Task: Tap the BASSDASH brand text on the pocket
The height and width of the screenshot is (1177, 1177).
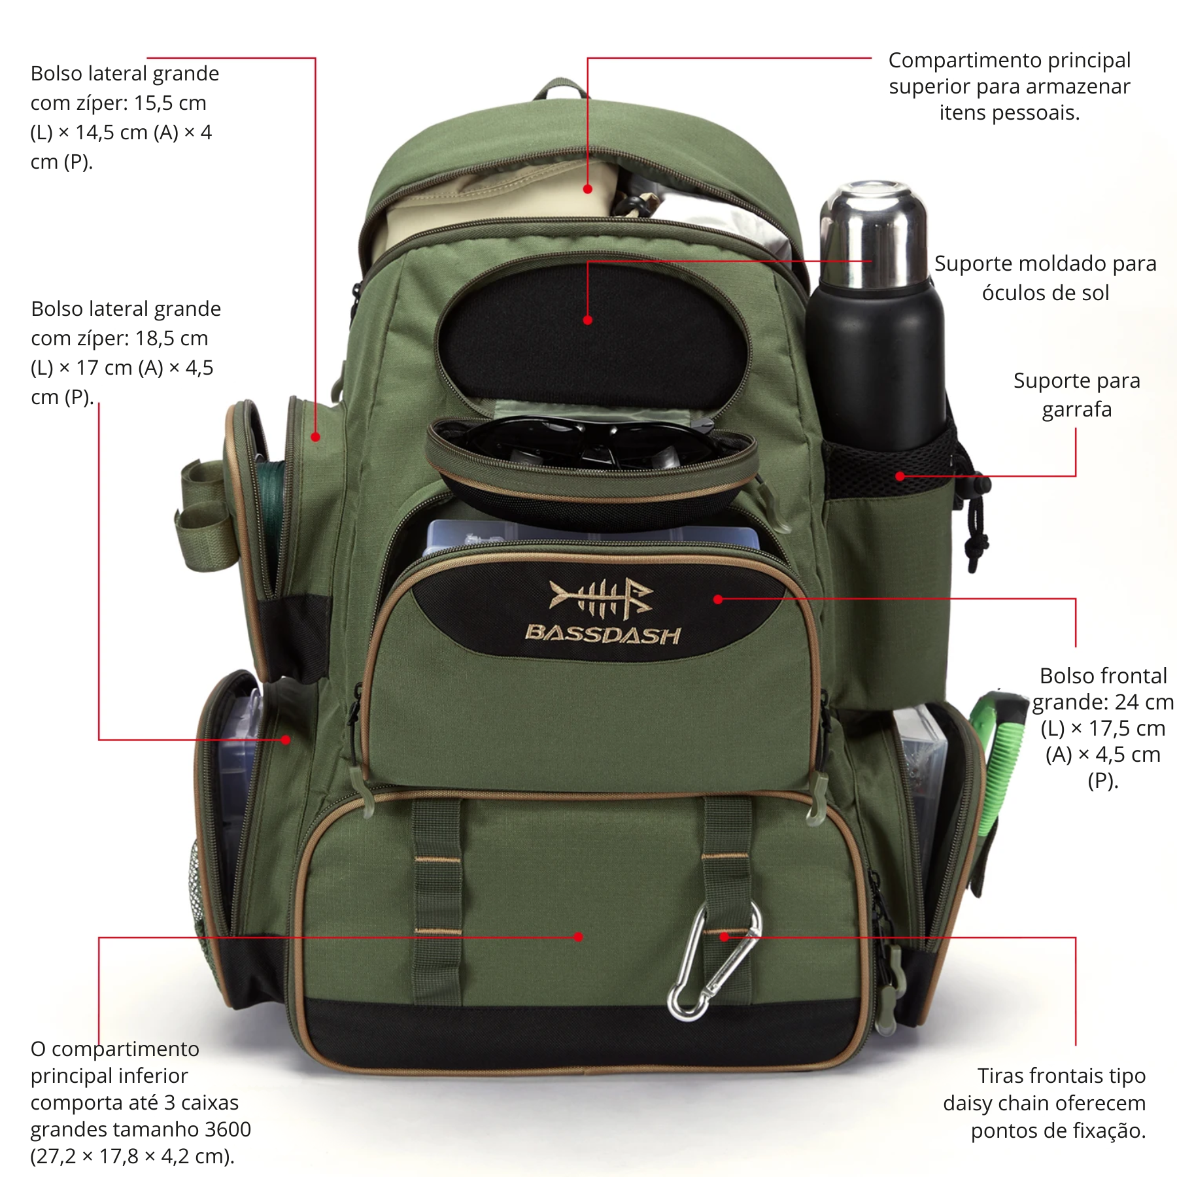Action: [x=603, y=634]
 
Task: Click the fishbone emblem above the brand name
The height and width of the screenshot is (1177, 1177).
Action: [x=600, y=596]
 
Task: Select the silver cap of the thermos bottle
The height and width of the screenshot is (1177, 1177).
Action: [x=874, y=235]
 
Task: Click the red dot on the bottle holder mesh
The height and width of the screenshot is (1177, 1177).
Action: [x=900, y=476]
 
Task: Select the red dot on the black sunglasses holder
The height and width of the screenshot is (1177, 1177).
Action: [x=587, y=320]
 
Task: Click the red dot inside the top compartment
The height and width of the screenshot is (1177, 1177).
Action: [x=587, y=189]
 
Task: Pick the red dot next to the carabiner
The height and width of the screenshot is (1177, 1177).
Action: [x=724, y=937]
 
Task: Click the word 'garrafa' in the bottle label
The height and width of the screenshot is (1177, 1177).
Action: [x=1076, y=409]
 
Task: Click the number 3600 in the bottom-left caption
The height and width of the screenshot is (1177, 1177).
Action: [x=228, y=1129]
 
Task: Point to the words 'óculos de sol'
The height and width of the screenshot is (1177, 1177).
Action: [x=1045, y=292]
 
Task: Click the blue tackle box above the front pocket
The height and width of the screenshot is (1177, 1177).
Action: [x=588, y=533]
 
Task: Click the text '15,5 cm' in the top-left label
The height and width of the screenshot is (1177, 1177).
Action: [x=170, y=103]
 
